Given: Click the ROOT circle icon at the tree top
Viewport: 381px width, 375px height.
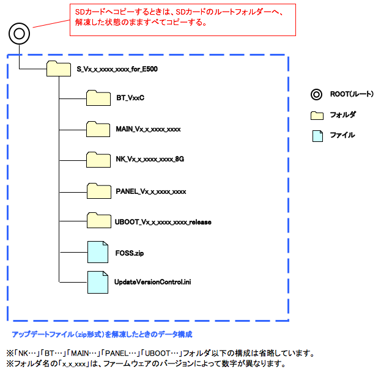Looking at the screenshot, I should pos(19,34).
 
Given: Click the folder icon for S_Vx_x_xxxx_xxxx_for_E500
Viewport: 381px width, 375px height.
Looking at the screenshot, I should pos(59,69).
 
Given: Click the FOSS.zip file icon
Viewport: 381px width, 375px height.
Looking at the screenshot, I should pos(97,252).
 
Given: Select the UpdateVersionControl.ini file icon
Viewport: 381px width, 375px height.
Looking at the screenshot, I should pos(97,281).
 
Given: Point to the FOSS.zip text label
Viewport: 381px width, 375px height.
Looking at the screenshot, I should pos(130,251).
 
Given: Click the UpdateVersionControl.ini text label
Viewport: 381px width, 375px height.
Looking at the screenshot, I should pos(152,281).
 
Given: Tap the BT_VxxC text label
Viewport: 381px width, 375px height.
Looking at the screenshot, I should pos(130,98).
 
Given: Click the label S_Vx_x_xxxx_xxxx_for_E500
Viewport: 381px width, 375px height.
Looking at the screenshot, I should pos(117,69).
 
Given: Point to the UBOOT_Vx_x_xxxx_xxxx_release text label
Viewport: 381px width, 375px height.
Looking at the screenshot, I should pos(163,221).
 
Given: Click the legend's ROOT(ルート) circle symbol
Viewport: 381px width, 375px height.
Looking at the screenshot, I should pos(316,94).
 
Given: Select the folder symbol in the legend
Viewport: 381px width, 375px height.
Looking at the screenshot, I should pos(316,115).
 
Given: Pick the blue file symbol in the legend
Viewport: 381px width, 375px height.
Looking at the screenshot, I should pos(316,135).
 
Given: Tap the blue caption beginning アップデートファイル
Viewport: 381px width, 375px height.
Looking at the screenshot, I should pos(102,334).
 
